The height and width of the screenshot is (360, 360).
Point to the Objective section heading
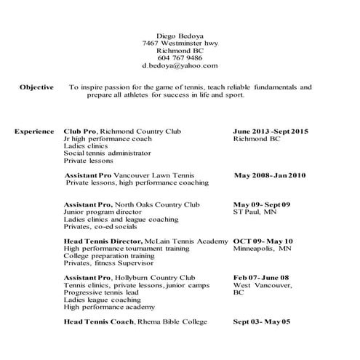[x=36, y=87]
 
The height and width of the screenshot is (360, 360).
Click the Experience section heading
[x=35, y=132]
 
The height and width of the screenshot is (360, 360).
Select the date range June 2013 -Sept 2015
[x=271, y=132]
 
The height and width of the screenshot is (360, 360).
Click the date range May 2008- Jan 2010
[x=271, y=176]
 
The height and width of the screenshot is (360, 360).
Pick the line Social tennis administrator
[x=107, y=153]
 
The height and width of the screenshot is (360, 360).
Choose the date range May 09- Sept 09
[x=261, y=204]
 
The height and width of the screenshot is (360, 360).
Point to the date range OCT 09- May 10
[x=263, y=241]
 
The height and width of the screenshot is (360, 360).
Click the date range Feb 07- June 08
[x=261, y=277]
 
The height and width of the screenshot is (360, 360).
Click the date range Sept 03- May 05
[x=261, y=321]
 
